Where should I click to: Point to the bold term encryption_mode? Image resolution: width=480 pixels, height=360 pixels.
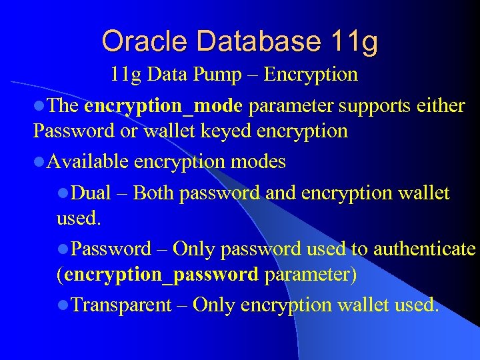(x=163, y=106)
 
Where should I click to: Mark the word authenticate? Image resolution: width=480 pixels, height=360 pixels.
(x=425, y=249)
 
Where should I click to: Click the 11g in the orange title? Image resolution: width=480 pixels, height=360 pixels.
(x=353, y=42)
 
